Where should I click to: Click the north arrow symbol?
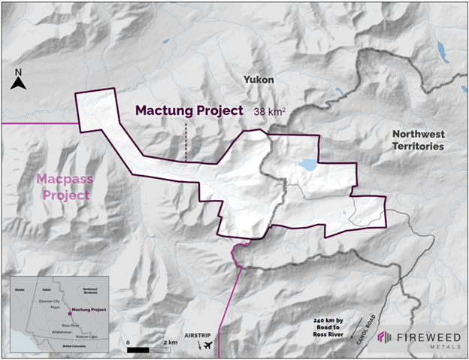pyautogui.click(x=20, y=80)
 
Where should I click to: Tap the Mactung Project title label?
pyautogui.click(x=189, y=110)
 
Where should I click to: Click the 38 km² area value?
pyautogui.click(x=270, y=110)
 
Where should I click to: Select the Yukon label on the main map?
pyautogui.click(x=258, y=79)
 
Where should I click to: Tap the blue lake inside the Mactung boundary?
pyautogui.click(x=308, y=163)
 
